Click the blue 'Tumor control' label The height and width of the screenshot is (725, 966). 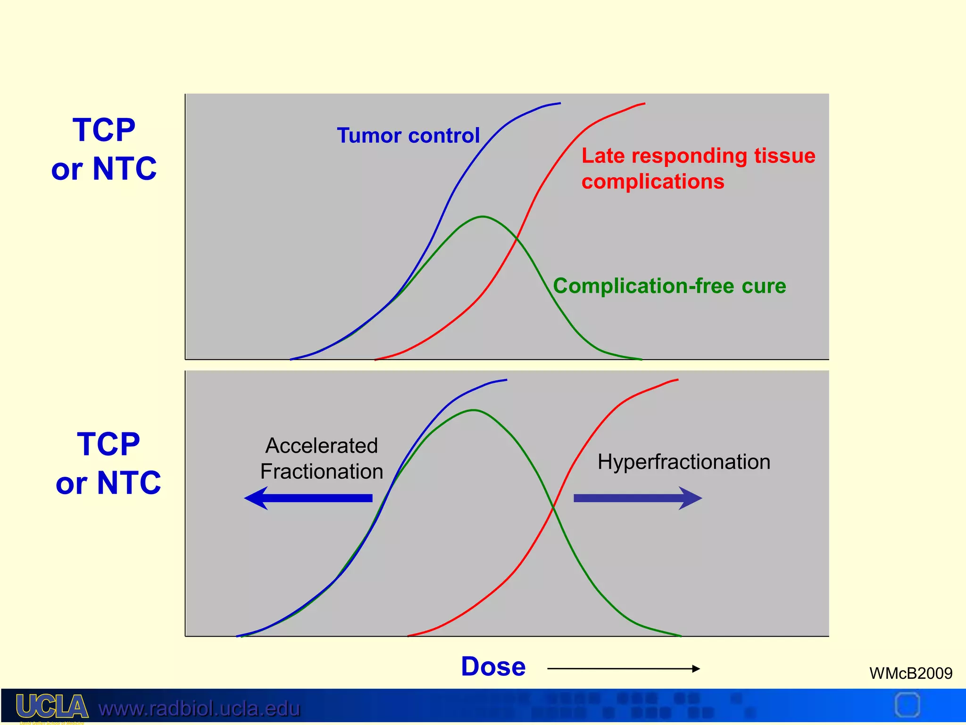tap(408, 135)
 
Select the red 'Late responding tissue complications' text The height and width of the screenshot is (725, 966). tap(698, 169)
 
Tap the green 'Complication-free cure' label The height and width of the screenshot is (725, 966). tap(669, 286)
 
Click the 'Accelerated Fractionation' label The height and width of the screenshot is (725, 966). tap(322, 458)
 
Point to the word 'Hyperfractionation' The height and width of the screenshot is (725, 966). tap(683, 462)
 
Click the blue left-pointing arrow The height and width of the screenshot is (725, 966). tap(308, 498)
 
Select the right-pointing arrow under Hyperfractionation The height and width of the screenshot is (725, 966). tap(637, 498)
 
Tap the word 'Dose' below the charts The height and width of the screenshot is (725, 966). tap(493, 666)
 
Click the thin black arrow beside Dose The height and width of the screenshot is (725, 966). tap(623, 668)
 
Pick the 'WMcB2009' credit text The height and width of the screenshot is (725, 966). tap(910, 673)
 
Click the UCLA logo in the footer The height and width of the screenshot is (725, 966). tap(52, 707)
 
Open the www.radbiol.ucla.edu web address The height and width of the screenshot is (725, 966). tap(199, 708)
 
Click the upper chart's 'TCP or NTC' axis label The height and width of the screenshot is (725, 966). tap(104, 149)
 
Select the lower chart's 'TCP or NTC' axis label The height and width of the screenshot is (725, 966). tap(108, 464)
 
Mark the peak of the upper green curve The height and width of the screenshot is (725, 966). tap(483, 217)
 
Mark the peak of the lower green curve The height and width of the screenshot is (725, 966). tap(473, 410)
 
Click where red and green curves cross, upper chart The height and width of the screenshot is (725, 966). tap(517, 238)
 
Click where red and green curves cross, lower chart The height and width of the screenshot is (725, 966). tap(553, 507)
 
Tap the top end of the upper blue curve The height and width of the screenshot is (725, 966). tap(559, 103)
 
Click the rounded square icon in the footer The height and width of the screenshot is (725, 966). tap(907, 705)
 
